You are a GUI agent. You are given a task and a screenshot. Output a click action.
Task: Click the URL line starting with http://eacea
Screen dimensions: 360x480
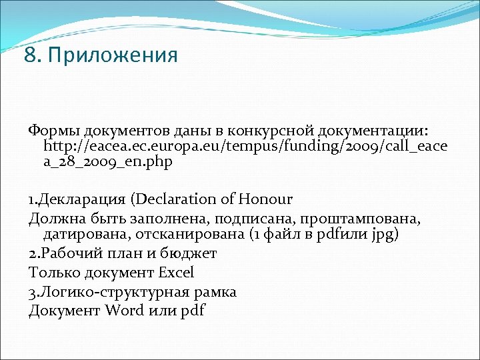[x=245, y=145]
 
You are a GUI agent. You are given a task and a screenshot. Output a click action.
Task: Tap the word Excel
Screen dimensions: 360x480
[x=176, y=272]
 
